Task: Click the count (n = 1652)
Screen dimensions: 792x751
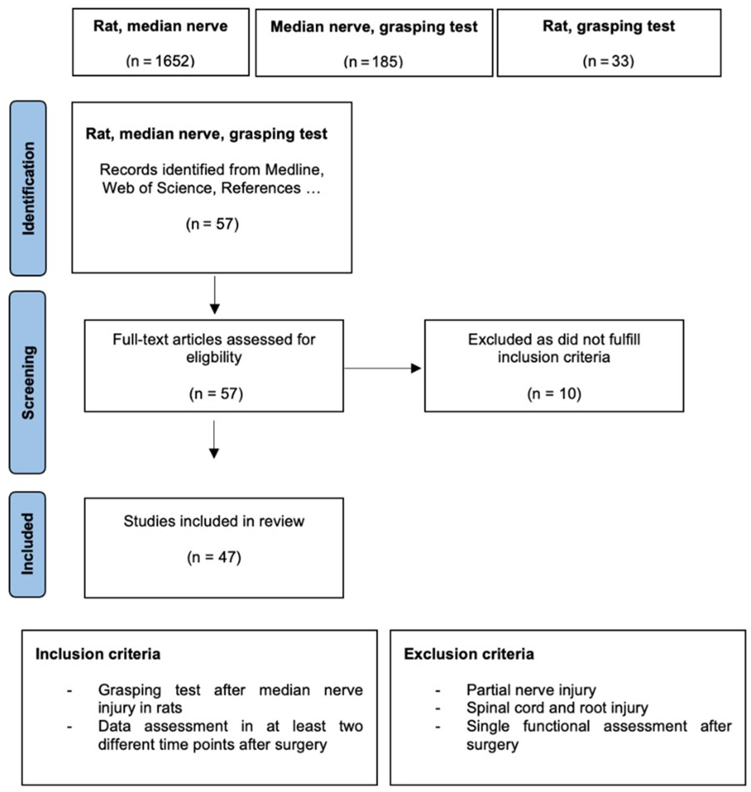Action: point(160,61)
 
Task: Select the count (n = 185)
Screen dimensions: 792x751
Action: point(373,62)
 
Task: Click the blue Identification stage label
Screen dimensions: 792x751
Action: point(28,188)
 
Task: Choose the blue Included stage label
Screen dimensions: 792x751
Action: point(28,544)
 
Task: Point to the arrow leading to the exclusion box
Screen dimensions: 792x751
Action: point(382,368)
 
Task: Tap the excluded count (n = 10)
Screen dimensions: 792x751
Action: point(554,394)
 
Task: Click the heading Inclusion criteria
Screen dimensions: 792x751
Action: point(98,654)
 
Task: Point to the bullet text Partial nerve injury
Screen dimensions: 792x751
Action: point(531,690)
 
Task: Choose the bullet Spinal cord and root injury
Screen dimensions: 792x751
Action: point(557,708)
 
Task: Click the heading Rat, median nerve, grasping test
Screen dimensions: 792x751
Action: point(206,134)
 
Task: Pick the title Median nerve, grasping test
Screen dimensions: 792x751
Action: point(374,27)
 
